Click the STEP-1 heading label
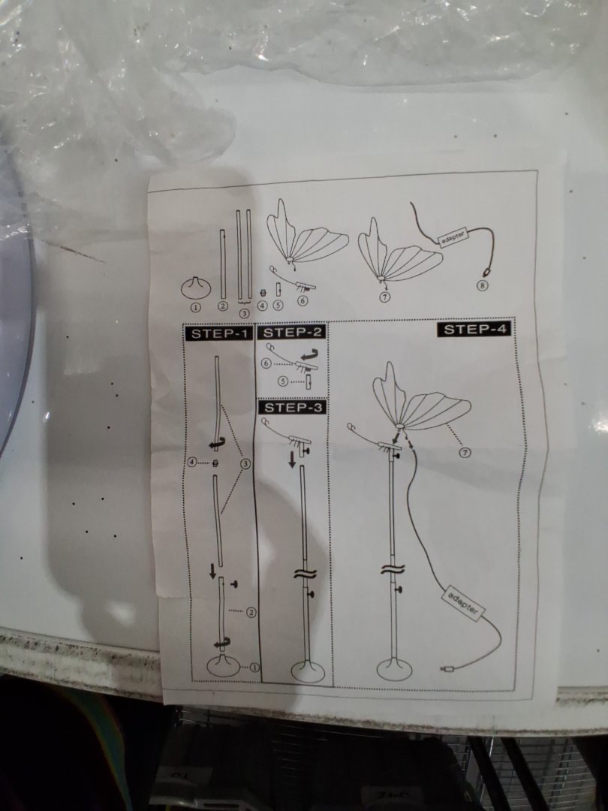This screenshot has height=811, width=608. (218, 333)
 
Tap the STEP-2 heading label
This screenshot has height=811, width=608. (291, 332)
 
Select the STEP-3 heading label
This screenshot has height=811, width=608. (293, 408)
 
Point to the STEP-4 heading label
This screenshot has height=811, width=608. (474, 329)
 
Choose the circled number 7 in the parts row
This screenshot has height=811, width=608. (385, 297)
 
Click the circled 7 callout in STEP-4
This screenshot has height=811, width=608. (465, 453)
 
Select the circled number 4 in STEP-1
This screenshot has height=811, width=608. (192, 462)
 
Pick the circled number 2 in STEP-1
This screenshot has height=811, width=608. (251, 613)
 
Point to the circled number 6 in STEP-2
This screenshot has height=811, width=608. (266, 363)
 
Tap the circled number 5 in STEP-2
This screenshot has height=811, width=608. (283, 381)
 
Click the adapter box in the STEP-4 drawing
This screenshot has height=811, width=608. (463, 603)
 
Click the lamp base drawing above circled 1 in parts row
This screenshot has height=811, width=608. (195, 288)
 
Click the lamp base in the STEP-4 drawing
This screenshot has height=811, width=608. (395, 669)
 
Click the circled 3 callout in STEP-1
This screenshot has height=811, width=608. (246, 463)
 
